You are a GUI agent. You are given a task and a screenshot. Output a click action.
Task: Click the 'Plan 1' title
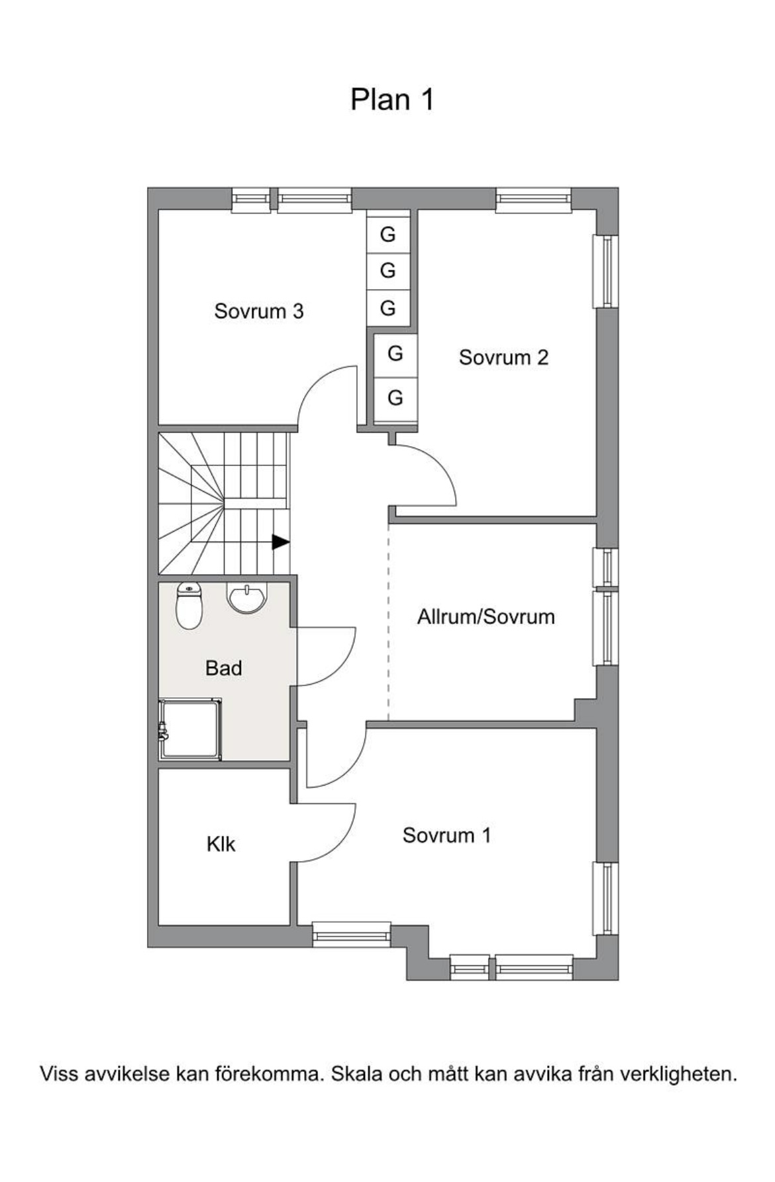coord(392,99)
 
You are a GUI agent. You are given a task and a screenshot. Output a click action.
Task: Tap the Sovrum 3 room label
coord(259,311)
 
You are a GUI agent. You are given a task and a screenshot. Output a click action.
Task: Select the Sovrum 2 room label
coord(503,357)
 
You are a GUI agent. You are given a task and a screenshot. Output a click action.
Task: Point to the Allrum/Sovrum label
coord(486,617)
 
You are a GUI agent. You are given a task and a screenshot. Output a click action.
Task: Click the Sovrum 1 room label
coord(446,835)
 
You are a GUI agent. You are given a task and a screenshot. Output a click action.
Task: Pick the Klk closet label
coord(221,844)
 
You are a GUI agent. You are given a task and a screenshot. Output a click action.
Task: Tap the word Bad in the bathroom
coord(223,668)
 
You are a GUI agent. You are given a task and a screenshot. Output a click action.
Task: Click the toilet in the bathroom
coord(189,605)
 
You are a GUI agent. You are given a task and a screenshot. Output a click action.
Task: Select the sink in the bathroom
coord(246,597)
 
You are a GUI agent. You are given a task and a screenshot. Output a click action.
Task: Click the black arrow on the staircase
coord(281,542)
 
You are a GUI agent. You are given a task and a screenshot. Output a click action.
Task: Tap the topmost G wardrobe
coord(387,234)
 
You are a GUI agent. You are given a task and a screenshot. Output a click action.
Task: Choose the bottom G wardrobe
coord(395,397)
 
